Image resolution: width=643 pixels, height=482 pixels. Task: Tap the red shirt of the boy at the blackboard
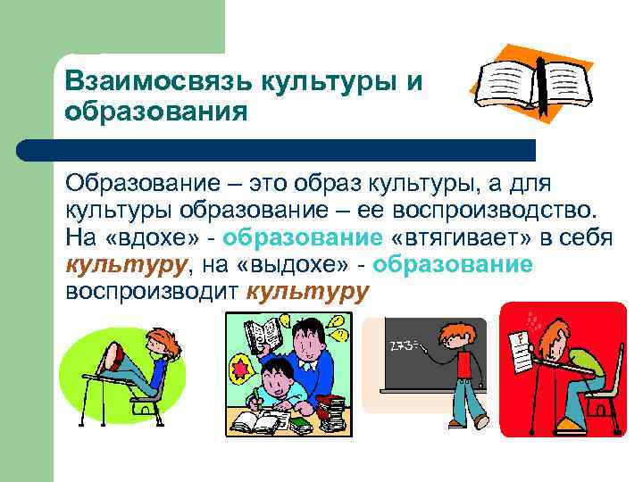(464, 366)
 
